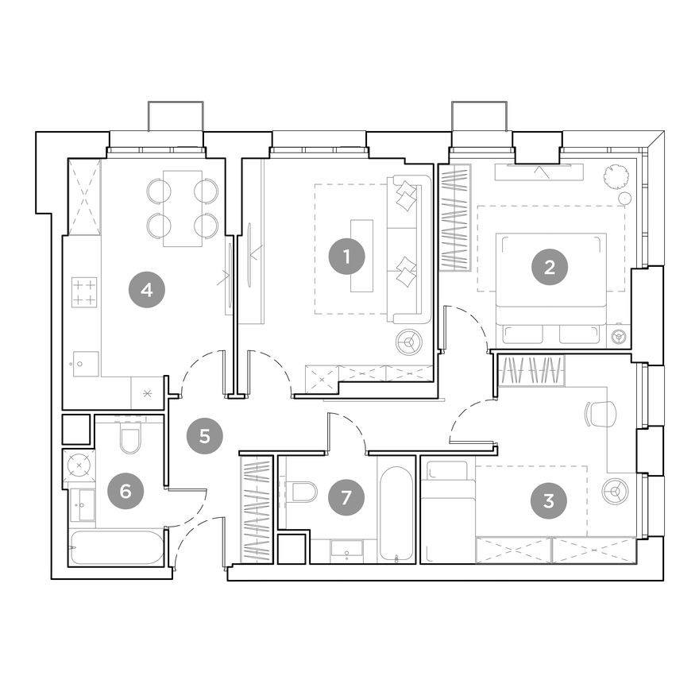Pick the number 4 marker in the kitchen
pos(146,289)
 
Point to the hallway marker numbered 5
pos(205,435)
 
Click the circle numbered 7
pos(345,497)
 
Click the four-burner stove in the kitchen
pos(84,291)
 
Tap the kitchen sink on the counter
pos(84,364)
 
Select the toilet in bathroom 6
pos(130,438)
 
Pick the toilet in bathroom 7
pos(303,492)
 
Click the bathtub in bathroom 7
pos(396,513)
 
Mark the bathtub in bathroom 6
pos(117,547)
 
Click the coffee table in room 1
pos(361,256)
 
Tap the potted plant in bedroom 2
pos(616,176)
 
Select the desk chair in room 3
pos(601,414)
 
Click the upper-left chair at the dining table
pos(159,191)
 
